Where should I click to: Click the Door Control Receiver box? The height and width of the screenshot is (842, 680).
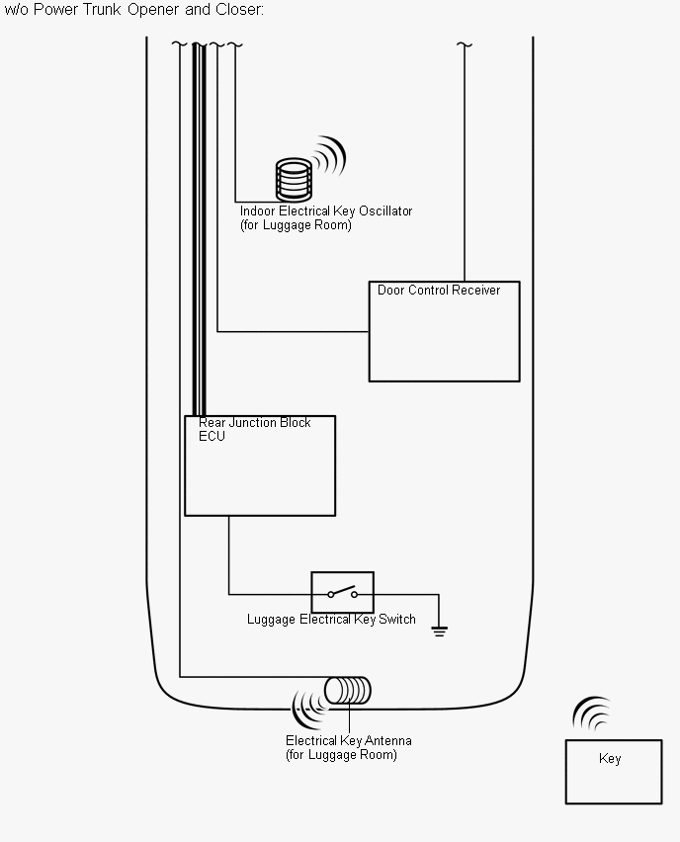pyautogui.click(x=444, y=336)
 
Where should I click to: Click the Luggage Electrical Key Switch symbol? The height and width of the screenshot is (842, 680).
pyautogui.click(x=342, y=593)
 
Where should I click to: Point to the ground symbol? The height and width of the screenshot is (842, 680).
pyautogui.click(x=440, y=630)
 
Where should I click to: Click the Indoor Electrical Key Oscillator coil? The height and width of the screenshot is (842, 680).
pyautogui.click(x=294, y=180)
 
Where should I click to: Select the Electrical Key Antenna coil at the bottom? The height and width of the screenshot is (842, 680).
pyautogui.click(x=349, y=690)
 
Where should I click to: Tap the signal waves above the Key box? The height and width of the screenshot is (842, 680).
pyautogui.click(x=593, y=714)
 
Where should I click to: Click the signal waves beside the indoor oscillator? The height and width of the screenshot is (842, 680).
pyautogui.click(x=330, y=156)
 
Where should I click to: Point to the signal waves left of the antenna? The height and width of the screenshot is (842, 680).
pyautogui.click(x=307, y=703)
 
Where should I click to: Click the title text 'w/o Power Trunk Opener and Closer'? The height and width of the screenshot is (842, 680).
pyautogui.click(x=134, y=10)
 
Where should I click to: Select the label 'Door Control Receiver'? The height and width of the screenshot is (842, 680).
pyautogui.click(x=439, y=291)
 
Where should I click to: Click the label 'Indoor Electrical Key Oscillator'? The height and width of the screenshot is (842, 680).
pyautogui.click(x=326, y=211)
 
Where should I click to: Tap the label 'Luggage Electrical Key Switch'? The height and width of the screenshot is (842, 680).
pyautogui.click(x=331, y=620)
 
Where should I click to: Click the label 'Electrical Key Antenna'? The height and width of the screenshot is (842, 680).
pyautogui.click(x=349, y=741)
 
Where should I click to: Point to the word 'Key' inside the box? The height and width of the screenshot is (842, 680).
pyautogui.click(x=610, y=759)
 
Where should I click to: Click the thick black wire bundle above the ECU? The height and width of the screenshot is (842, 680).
pyautogui.click(x=199, y=227)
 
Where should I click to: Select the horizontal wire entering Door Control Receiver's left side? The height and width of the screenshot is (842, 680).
pyautogui.click(x=293, y=332)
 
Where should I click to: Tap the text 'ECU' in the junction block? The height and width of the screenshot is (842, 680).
pyautogui.click(x=212, y=437)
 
